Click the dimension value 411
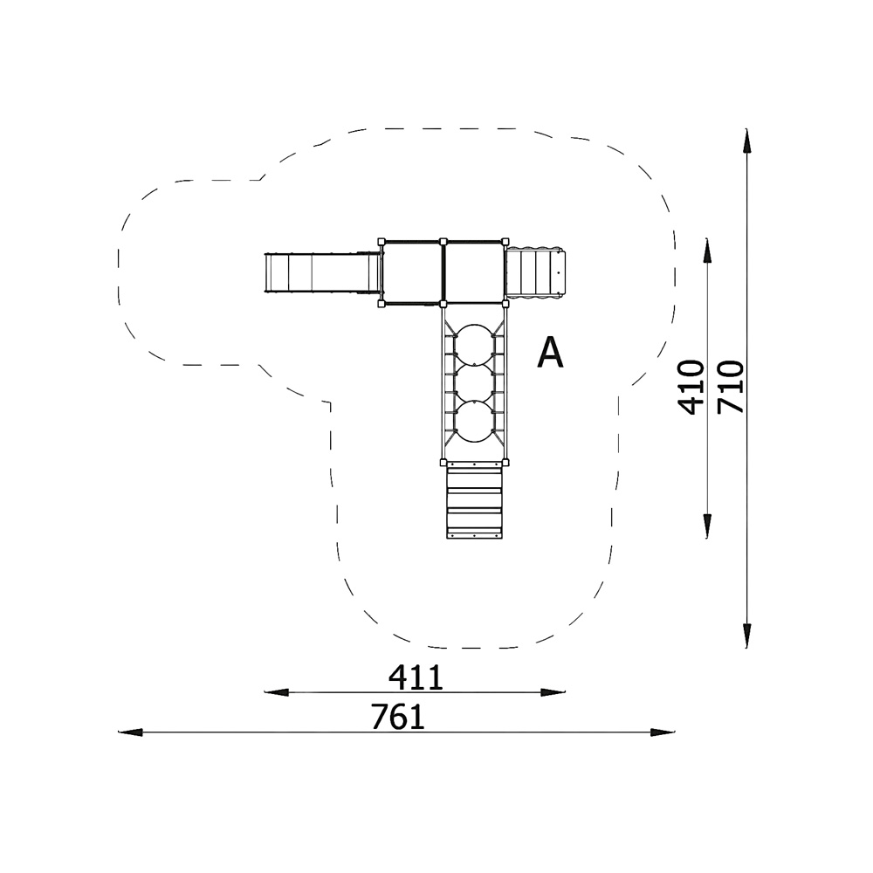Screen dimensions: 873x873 (x=416, y=677)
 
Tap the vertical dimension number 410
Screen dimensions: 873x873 (x=691, y=388)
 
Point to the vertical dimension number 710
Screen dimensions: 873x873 (x=730, y=387)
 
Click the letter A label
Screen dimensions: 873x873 (x=550, y=353)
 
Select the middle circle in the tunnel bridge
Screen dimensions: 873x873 (x=474, y=383)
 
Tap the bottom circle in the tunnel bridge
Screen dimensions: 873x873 (x=474, y=423)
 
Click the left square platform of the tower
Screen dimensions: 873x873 (x=412, y=272)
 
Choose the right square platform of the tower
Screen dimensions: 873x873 (x=474, y=272)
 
